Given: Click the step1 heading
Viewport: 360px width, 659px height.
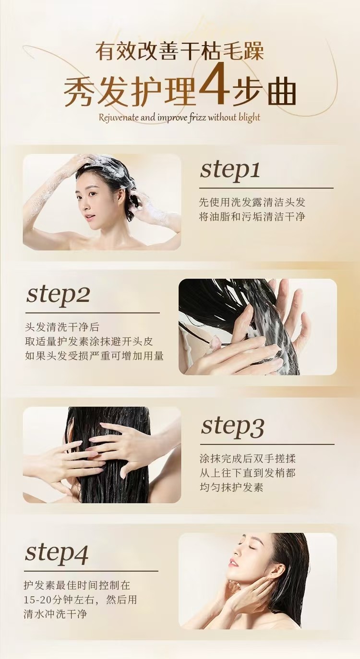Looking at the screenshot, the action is [230, 170].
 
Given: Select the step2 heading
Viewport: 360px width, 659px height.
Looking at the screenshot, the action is [58, 295].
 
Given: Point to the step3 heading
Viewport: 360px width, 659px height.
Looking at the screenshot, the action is [232, 426].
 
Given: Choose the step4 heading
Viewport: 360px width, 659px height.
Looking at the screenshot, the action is [57, 553].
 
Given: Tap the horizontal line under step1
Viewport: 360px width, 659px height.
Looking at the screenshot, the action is [266, 188].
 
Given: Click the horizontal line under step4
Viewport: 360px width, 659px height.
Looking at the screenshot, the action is [92, 571].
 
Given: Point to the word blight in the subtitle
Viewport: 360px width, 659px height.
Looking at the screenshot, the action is [250, 118].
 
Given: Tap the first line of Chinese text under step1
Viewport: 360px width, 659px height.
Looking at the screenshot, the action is [252, 202].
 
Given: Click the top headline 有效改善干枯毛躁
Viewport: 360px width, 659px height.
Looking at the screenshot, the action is [180, 50].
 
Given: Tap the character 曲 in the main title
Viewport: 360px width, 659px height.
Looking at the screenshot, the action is [282, 91].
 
